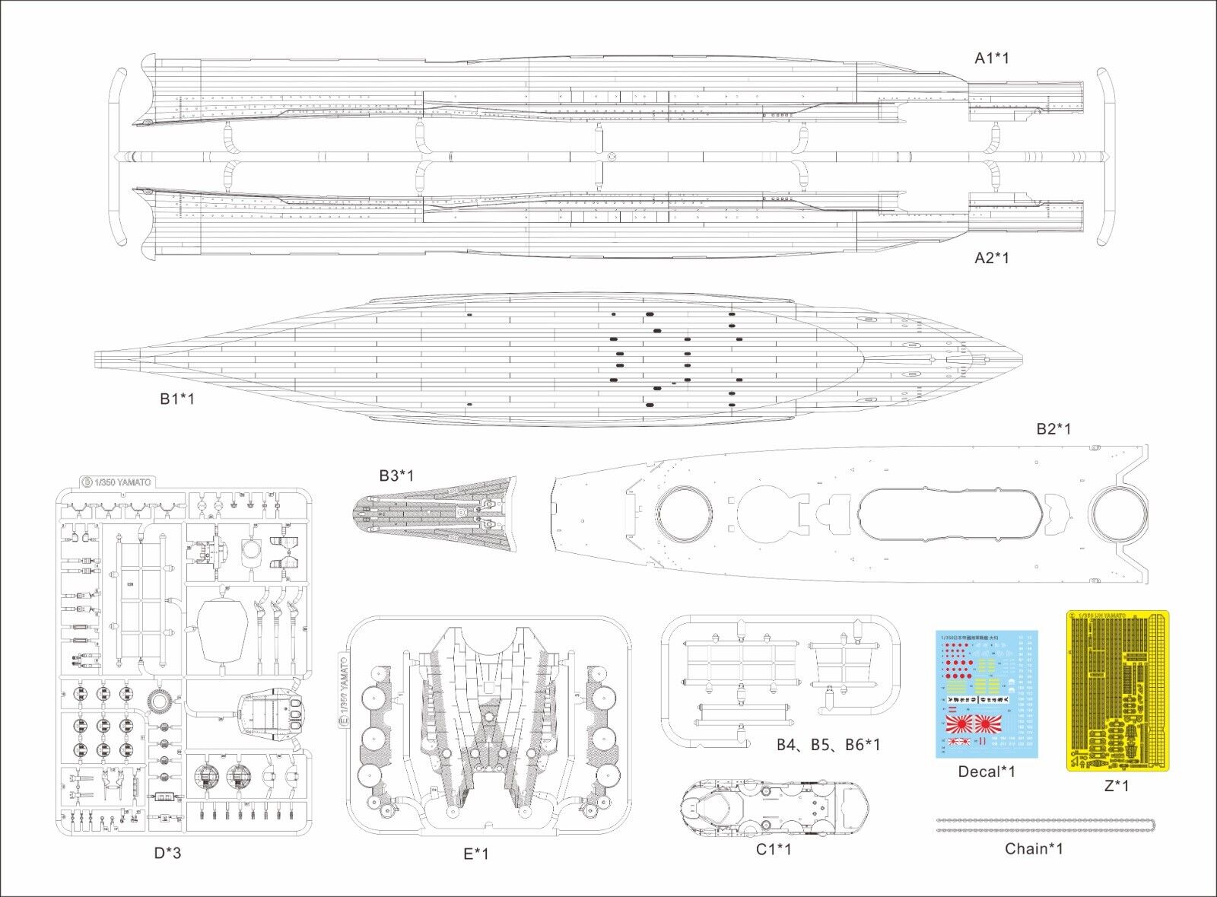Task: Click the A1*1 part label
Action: (992, 58)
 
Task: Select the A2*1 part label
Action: (992, 258)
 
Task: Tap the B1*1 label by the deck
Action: (176, 399)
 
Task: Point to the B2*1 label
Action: (1053, 429)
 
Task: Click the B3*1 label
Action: (396, 476)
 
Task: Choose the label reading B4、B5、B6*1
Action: (828, 744)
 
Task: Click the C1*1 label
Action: (774, 849)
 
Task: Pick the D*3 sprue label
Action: (167, 853)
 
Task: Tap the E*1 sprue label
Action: (476, 854)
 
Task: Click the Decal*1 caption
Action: (987, 771)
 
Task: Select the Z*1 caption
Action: (1116, 786)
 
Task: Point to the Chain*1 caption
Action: (1034, 849)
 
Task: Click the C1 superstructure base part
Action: (774, 810)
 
